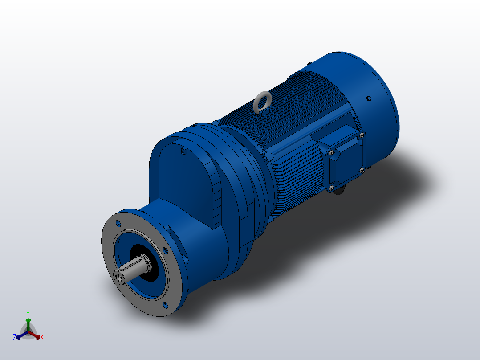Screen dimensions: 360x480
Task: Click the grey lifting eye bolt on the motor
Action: (262, 101)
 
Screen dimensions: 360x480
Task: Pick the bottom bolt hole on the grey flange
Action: (166, 305)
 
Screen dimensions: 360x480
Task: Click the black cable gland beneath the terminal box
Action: (339, 192)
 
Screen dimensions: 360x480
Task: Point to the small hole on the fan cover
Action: (369, 98)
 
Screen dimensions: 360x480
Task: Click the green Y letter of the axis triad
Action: (28, 313)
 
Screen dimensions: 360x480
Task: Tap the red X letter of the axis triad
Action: (42, 338)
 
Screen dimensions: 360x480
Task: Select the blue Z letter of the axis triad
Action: (15, 338)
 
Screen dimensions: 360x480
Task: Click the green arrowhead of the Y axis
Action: (28, 320)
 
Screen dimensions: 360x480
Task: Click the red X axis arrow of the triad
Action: (36, 335)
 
